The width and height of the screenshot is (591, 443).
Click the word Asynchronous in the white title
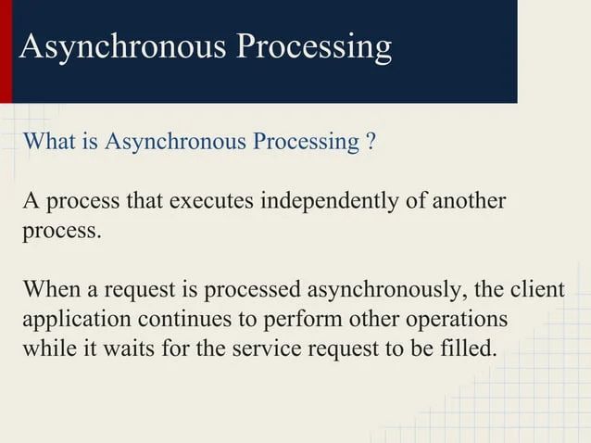click(119, 46)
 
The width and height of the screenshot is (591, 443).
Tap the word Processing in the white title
click(312, 46)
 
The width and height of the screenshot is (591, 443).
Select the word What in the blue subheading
click(50, 142)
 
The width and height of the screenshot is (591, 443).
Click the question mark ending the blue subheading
click(371, 142)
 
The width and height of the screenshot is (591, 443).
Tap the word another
click(470, 201)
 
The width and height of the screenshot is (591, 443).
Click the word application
click(76, 321)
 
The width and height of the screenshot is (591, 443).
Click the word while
click(47, 350)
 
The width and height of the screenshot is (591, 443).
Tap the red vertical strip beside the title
click(6, 51)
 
